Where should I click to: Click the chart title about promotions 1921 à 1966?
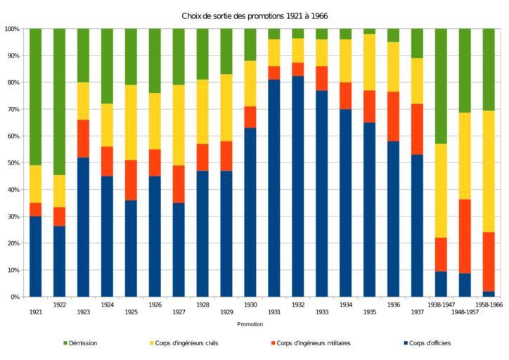click(x=254, y=15)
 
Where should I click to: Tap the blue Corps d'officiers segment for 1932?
click(x=298, y=186)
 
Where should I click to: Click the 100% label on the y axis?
click(x=12, y=29)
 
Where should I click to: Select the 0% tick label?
click(x=15, y=297)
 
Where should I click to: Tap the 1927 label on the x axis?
click(x=179, y=311)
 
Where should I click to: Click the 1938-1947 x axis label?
click(x=441, y=305)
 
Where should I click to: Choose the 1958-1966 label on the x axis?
click(x=489, y=305)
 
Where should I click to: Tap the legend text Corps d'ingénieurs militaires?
click(x=314, y=343)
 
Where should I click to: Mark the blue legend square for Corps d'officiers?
click(x=406, y=343)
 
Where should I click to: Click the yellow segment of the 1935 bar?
click(x=370, y=62)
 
